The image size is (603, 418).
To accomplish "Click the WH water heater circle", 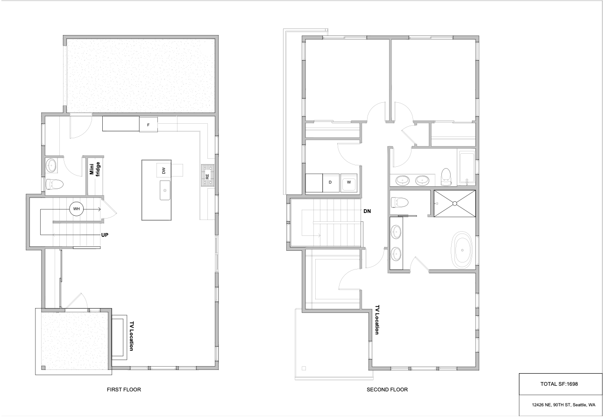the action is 77,209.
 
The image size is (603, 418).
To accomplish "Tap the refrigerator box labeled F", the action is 149,125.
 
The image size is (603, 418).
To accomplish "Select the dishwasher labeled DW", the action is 163,170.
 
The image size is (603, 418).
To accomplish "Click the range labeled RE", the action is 207,176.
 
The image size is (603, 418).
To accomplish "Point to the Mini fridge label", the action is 95,169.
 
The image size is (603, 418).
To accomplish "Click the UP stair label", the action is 105,235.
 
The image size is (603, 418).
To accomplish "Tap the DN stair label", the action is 367,211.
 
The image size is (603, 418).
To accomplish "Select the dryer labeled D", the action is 331,183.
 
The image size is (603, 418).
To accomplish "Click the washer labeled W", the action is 349,183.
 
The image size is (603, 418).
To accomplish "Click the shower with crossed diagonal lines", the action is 454,204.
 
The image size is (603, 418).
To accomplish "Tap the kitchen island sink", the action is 165,190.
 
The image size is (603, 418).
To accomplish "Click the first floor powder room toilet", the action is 54,184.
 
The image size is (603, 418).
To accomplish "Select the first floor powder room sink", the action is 51,165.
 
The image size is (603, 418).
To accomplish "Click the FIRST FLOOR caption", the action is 124,390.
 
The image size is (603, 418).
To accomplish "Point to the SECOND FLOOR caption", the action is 387,390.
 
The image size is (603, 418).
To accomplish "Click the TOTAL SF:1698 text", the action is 559,384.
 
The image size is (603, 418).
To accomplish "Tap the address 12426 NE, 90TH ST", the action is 551,405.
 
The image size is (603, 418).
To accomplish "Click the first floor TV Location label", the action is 131,336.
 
